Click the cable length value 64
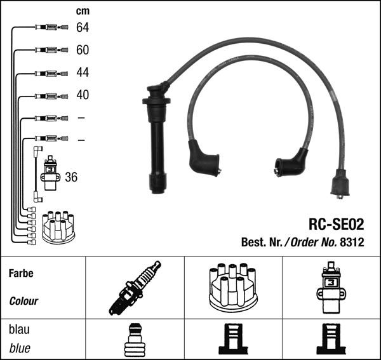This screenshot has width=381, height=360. pyautogui.click(x=83, y=27)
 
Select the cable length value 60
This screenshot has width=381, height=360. pyautogui.click(x=83, y=50)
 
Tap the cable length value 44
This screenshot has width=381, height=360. pyautogui.click(x=83, y=72)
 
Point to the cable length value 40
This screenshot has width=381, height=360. pyautogui.click(x=83, y=95)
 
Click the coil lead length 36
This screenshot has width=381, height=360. pyautogui.click(x=71, y=177)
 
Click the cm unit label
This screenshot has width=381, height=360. pyautogui.click(x=83, y=11)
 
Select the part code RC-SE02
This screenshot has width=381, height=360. pyautogui.click(x=337, y=224)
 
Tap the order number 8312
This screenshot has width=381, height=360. pyautogui.click(x=352, y=242)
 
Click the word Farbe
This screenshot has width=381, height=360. pyautogui.click(x=21, y=273)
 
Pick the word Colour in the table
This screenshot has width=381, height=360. pyautogui.click(x=23, y=301)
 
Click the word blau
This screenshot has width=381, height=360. pyautogui.click(x=19, y=330)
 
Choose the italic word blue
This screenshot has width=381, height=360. pyautogui.click(x=20, y=348)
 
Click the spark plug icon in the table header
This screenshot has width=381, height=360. pyautogui.click(x=135, y=288)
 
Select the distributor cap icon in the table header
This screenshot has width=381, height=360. pyautogui.click(x=233, y=286)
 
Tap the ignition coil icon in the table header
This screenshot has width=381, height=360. pyautogui.click(x=331, y=288)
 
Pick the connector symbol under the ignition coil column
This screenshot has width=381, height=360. pyautogui.click(x=331, y=338)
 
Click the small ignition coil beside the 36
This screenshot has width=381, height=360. pyautogui.click(x=50, y=173)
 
